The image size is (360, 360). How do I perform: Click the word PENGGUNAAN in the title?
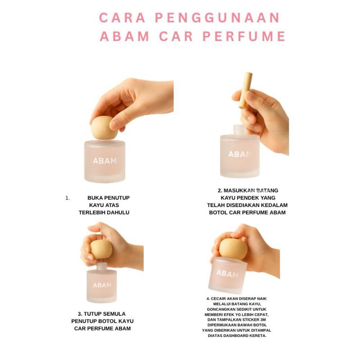pos(217,18)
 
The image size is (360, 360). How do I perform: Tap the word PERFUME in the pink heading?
pos(244,36)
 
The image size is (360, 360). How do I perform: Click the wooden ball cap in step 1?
pos(104,128)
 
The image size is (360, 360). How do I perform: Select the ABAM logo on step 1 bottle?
pos(105,161)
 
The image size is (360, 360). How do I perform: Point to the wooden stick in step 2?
pos(245,90)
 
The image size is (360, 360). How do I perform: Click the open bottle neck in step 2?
pos(239,130)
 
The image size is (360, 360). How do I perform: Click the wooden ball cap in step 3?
pos(101,249)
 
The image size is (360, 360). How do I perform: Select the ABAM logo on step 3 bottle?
pos(102,285)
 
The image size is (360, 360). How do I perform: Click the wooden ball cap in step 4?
pos(233,249)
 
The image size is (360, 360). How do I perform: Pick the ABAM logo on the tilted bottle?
pos(228,274)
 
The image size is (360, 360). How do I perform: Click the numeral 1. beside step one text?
pos(67,198)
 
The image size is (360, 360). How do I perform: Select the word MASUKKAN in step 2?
pos(239,190)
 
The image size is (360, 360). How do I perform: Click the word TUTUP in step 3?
pos(91,314)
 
